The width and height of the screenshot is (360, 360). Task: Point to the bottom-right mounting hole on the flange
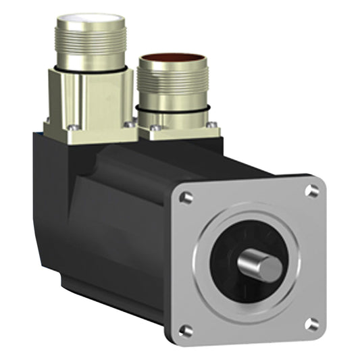point(311,325)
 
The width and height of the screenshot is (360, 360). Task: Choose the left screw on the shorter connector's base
point(157,128)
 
